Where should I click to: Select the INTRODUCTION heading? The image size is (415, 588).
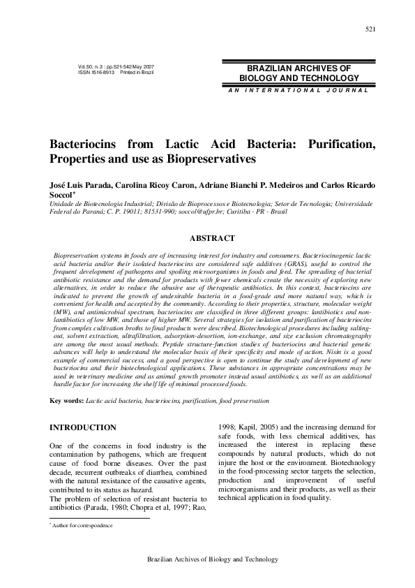82,427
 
